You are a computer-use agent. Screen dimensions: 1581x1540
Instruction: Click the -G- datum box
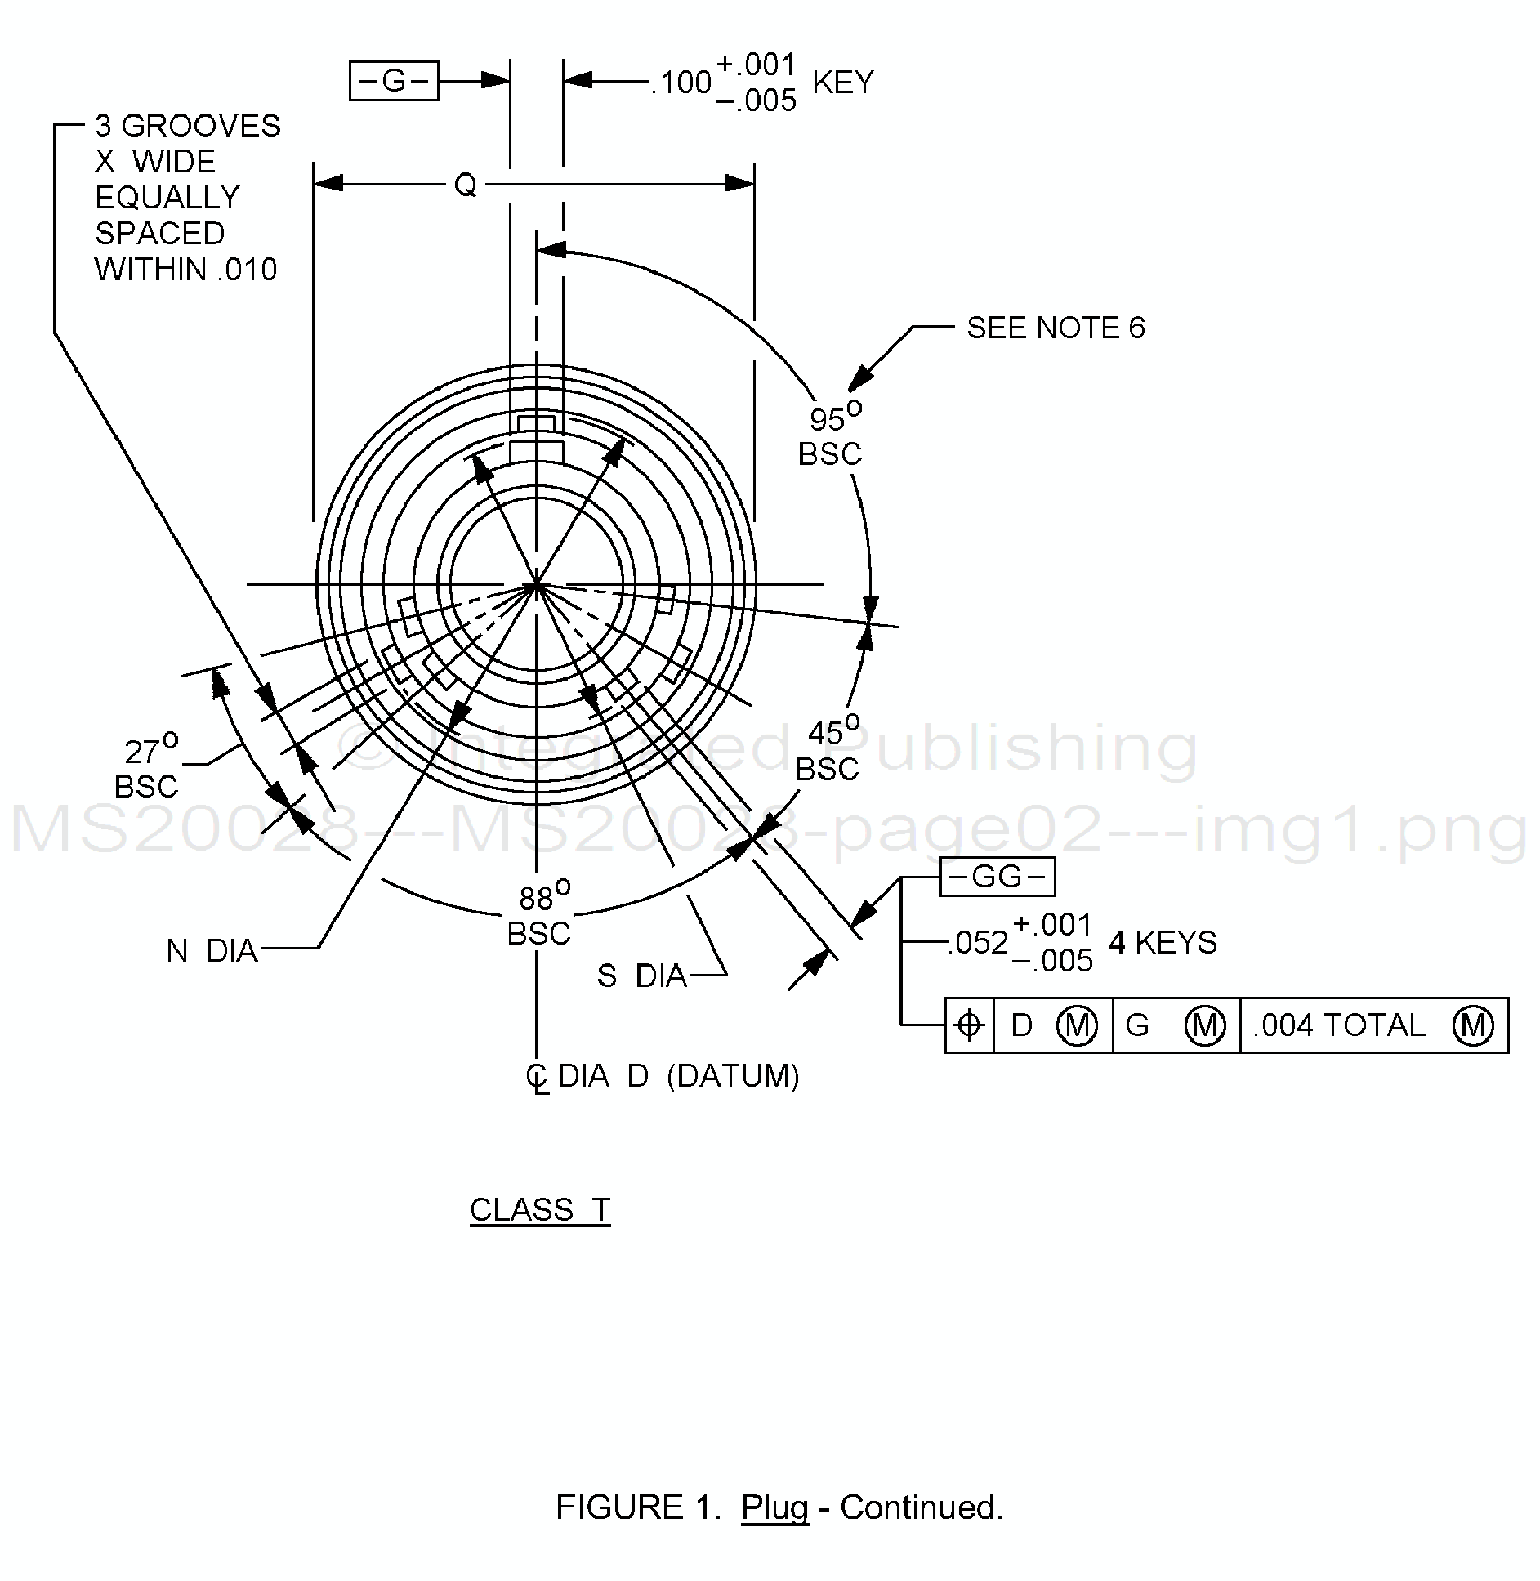[x=394, y=81]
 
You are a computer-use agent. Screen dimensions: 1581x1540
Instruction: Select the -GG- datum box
[x=997, y=877]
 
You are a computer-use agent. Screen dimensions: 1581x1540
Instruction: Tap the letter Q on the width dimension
[x=465, y=185]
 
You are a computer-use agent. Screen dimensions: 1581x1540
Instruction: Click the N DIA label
[x=212, y=951]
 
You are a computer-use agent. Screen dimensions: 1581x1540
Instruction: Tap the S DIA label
[x=642, y=976]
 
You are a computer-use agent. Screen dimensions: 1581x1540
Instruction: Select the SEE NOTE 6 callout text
[x=1056, y=328]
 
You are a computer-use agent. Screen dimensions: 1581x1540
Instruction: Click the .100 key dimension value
[x=681, y=83]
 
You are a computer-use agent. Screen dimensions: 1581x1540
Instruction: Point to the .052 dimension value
[x=978, y=943]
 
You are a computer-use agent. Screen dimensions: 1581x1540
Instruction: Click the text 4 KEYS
[x=1163, y=943]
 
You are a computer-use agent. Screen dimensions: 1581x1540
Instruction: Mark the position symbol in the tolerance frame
[x=969, y=1025]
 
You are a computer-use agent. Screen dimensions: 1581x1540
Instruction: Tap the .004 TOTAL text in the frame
[x=1340, y=1025]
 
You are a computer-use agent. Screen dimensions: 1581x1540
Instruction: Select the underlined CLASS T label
[x=540, y=1209]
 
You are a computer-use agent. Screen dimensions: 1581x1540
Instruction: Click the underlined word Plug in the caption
[x=774, y=1507]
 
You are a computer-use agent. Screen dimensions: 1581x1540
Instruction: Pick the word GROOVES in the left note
[x=201, y=126]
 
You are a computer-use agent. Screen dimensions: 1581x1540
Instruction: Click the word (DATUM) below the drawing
[x=733, y=1076]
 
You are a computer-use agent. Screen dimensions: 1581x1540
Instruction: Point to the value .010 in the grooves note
[x=248, y=270]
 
